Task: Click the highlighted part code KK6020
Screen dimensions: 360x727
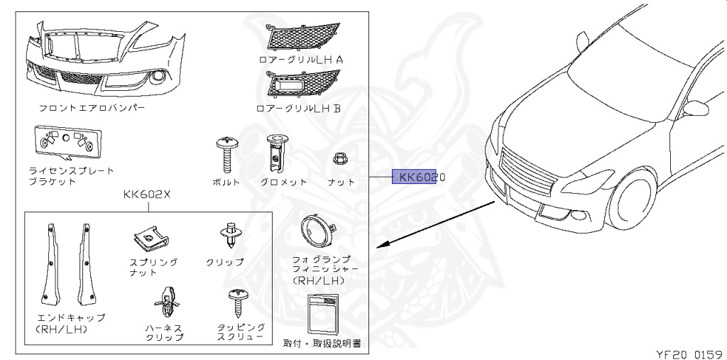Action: tap(419, 177)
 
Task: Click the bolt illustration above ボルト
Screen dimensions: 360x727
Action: tap(226, 153)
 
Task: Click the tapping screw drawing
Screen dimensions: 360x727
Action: tap(236, 302)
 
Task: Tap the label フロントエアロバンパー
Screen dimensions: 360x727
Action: tap(92, 109)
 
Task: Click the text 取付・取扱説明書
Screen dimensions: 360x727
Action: tap(322, 343)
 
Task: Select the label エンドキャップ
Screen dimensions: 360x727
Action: tap(71, 317)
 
